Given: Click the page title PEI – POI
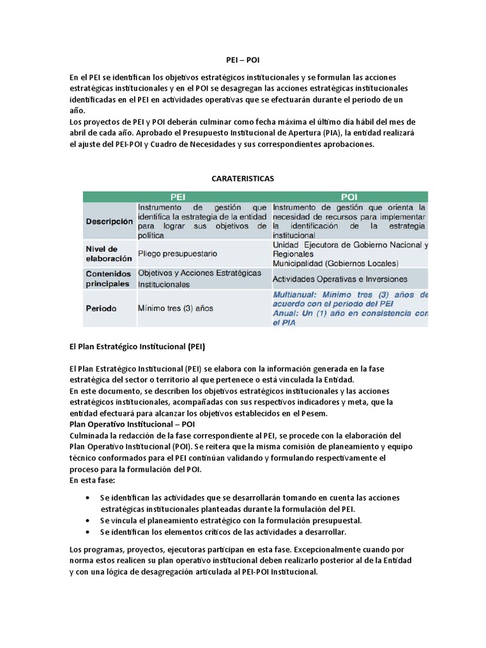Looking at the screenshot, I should pyautogui.click(x=242, y=56).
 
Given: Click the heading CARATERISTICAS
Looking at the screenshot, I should pyautogui.click(x=242, y=179).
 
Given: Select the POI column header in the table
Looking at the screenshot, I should pyautogui.click(x=349, y=197).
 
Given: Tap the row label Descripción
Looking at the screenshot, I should pyautogui.click(x=109, y=221).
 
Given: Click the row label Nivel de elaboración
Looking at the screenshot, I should pyautogui.click(x=109, y=253).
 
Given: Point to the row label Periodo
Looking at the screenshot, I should pyautogui.click(x=102, y=308).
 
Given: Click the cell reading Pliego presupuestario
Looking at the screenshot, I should pyautogui.click(x=177, y=253).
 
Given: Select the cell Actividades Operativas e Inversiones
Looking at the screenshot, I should pyautogui.click(x=339, y=278).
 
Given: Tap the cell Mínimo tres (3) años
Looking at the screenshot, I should pyautogui.click(x=175, y=308).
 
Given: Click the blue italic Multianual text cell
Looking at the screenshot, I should pyautogui.click(x=350, y=308).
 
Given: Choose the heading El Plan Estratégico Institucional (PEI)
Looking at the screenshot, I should pyautogui.click(x=137, y=347).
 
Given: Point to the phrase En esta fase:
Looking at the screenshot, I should pyautogui.click(x=92, y=481).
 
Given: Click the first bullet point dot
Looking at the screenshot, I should pyautogui.click(x=87, y=498).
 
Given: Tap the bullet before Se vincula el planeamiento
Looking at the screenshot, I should pyautogui.click(x=87, y=520).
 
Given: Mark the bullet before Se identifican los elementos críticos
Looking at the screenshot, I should pyautogui.click(x=87, y=532).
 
